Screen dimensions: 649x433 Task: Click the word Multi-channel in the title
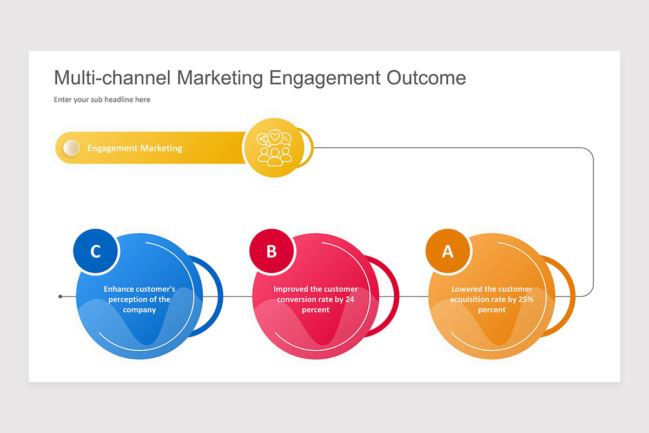[112, 78]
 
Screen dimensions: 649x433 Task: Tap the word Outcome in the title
[426, 78]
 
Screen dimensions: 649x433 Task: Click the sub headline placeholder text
[102, 100]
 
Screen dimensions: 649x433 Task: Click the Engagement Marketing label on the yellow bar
[135, 148]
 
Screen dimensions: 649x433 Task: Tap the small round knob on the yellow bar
[71, 148]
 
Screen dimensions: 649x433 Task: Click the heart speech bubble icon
[275, 137]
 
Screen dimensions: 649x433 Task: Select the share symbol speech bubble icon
[263, 140]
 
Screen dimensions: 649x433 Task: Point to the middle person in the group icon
[275, 158]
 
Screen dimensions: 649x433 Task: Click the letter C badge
[96, 251]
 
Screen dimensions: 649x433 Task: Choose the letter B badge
[271, 251]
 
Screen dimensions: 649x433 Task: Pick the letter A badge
[448, 251]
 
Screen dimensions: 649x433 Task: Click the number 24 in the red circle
[350, 299]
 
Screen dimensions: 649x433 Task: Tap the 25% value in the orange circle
[526, 299]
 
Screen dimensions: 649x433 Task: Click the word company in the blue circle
[140, 310]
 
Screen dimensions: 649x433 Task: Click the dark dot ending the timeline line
[60, 297]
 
